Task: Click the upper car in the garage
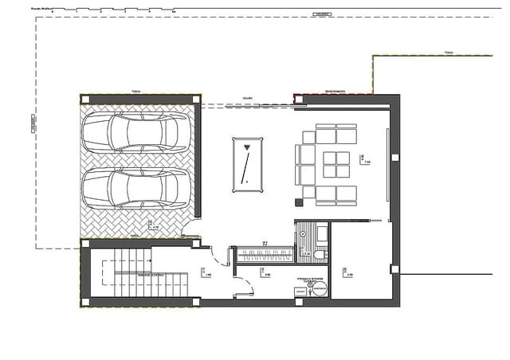pyautogui.click(x=136, y=131)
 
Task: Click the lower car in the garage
pyautogui.click(x=136, y=189)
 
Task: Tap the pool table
pyautogui.click(x=247, y=164)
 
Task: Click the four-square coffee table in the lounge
pyautogui.click(x=336, y=163)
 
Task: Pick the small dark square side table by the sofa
pyautogui.click(x=299, y=191)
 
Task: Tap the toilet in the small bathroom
pyautogui.click(x=320, y=254)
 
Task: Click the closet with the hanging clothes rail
pyautogui.click(x=265, y=255)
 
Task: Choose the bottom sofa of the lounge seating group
pyautogui.click(x=336, y=194)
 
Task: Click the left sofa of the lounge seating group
pyautogui.click(x=307, y=163)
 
